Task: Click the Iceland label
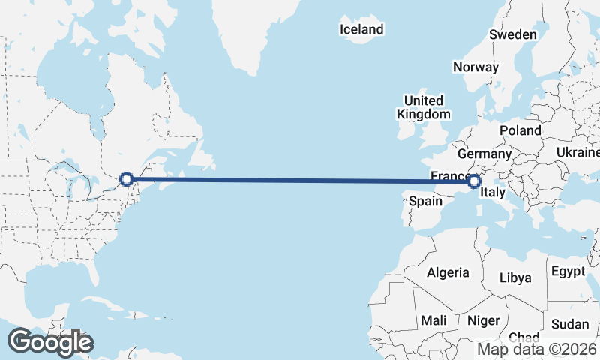pos(361,30)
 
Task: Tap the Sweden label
pos(512,34)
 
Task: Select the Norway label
pos(475,67)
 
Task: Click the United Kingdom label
pos(424,107)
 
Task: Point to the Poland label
pos(520,130)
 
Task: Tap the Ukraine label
pos(577,152)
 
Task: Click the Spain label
pos(424,201)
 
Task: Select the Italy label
pos(493,193)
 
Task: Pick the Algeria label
pos(448,273)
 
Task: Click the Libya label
pos(516,277)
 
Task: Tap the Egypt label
pos(567,271)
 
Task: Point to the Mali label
pos(433,320)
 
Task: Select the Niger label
pos(483,320)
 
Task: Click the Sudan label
pos(570,324)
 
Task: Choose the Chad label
pos(523,338)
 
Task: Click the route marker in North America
pos(127,179)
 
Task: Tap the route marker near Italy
pos(473,181)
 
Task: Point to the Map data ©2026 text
pos(537,349)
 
